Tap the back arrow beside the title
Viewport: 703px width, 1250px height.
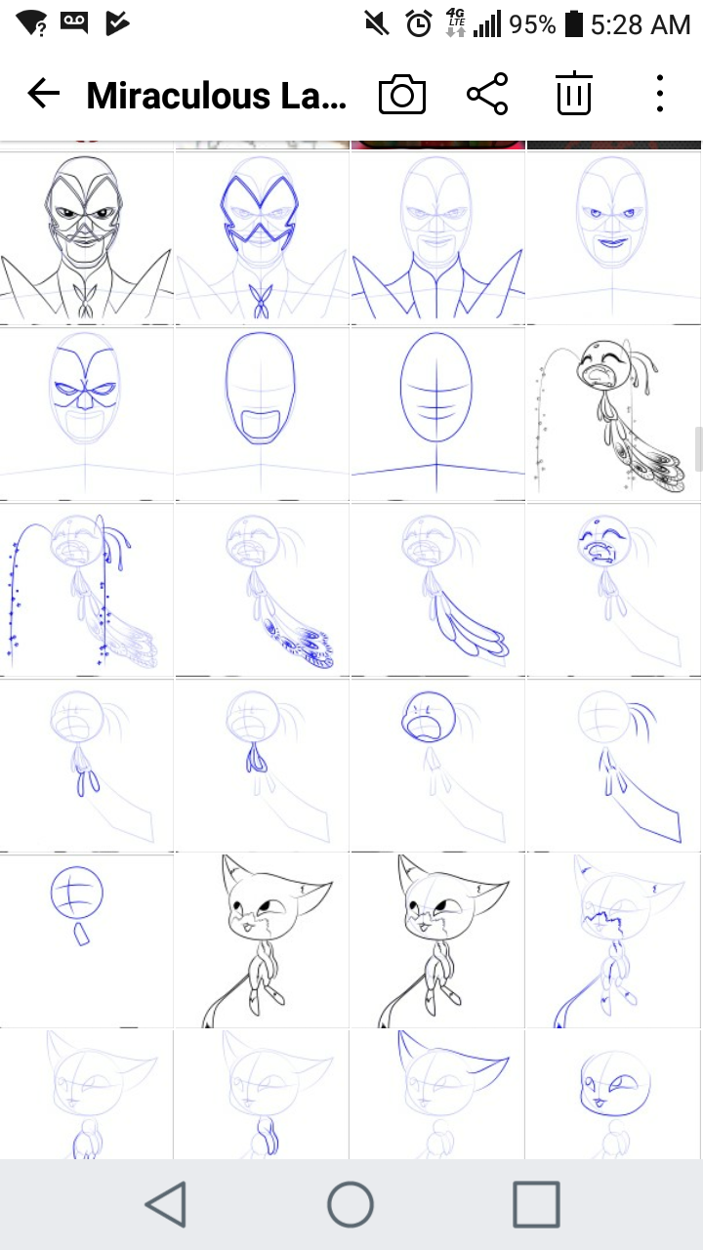44,93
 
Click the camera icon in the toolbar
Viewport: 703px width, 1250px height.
401,94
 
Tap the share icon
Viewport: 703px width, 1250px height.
487,94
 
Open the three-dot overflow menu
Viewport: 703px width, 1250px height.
660,93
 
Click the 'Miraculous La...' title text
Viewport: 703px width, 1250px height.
217,96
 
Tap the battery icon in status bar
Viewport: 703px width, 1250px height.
573,24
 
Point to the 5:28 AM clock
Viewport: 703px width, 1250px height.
641,25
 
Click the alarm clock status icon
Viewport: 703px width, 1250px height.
419,24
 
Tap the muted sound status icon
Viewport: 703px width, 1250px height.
377,24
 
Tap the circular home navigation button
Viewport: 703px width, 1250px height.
351,1204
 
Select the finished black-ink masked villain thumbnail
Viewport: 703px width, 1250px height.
87,237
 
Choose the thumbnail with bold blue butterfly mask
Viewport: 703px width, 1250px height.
262,237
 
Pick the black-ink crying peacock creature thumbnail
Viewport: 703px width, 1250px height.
613,413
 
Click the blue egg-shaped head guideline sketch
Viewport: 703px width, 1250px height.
436,413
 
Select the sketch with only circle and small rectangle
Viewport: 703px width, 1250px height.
87,939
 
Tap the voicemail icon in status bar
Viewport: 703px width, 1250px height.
73,22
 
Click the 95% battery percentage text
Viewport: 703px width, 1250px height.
532,25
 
